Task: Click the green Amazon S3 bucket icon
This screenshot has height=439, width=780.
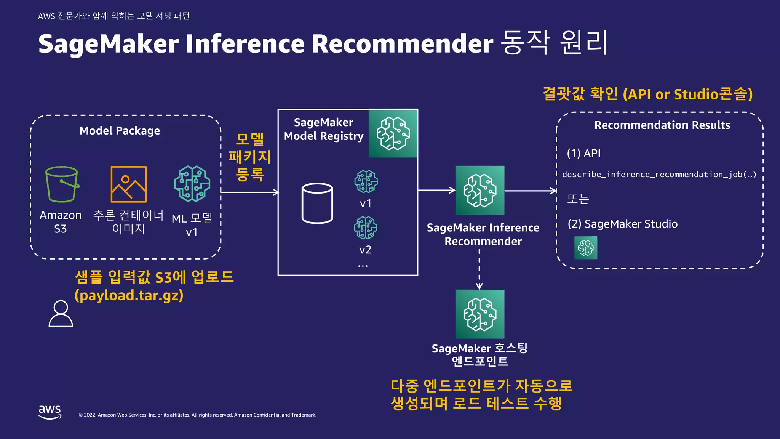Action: [62, 184]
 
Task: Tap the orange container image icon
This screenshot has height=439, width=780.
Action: [128, 184]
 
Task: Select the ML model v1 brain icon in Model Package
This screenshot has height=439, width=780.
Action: [192, 184]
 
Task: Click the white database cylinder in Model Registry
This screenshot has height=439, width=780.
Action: [317, 203]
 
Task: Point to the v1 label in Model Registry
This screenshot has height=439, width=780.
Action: [365, 203]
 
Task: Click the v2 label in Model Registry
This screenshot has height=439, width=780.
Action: [365, 250]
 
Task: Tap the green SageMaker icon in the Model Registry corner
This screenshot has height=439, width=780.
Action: [393, 133]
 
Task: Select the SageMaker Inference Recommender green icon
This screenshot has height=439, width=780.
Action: [480, 190]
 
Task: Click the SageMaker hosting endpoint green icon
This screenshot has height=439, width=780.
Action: [480, 314]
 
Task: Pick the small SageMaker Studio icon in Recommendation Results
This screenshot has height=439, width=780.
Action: [586, 248]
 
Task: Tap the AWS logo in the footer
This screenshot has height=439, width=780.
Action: [50, 412]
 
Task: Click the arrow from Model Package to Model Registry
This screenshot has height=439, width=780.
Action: [249, 192]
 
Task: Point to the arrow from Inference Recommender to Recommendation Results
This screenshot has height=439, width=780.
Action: [531, 191]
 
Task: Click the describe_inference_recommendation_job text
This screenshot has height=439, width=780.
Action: [659, 175]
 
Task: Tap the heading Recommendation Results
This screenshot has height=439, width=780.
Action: [662, 125]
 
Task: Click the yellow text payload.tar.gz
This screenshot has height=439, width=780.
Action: [129, 296]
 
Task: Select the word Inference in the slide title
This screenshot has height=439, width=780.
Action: [245, 43]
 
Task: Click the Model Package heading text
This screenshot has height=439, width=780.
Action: [120, 131]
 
